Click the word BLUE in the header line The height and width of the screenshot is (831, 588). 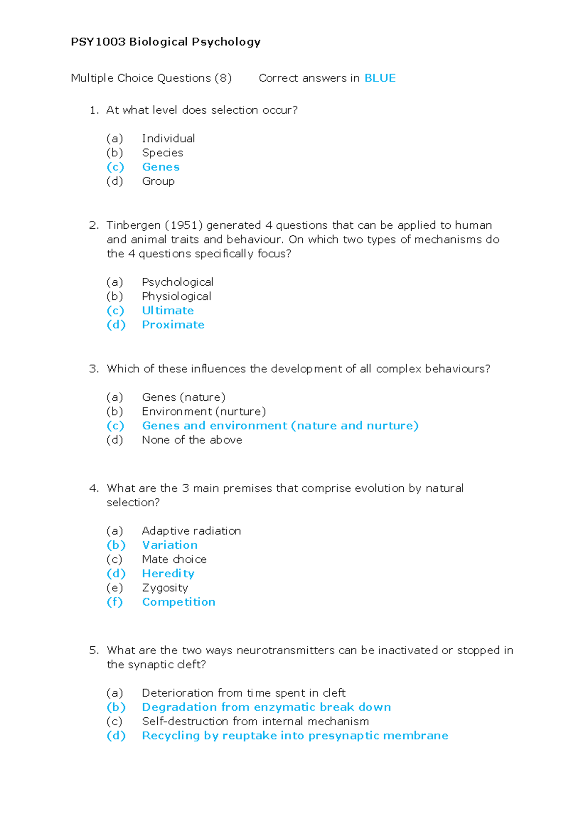point(380,78)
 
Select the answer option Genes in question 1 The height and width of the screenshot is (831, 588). point(161,167)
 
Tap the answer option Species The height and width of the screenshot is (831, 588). point(162,153)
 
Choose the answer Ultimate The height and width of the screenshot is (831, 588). point(168,311)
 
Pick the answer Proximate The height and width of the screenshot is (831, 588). point(173,325)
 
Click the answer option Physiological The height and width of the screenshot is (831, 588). point(176,296)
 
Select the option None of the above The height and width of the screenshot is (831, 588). point(192,440)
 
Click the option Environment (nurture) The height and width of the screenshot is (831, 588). point(204,412)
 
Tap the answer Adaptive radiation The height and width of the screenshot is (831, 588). point(191,531)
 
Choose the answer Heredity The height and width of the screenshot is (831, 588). point(168,574)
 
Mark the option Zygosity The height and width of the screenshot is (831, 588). point(165,588)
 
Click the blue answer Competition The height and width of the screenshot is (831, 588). point(178,602)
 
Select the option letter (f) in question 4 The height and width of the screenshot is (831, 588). point(115,602)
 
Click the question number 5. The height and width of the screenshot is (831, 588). point(94,651)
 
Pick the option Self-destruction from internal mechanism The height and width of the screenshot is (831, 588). point(255,722)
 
